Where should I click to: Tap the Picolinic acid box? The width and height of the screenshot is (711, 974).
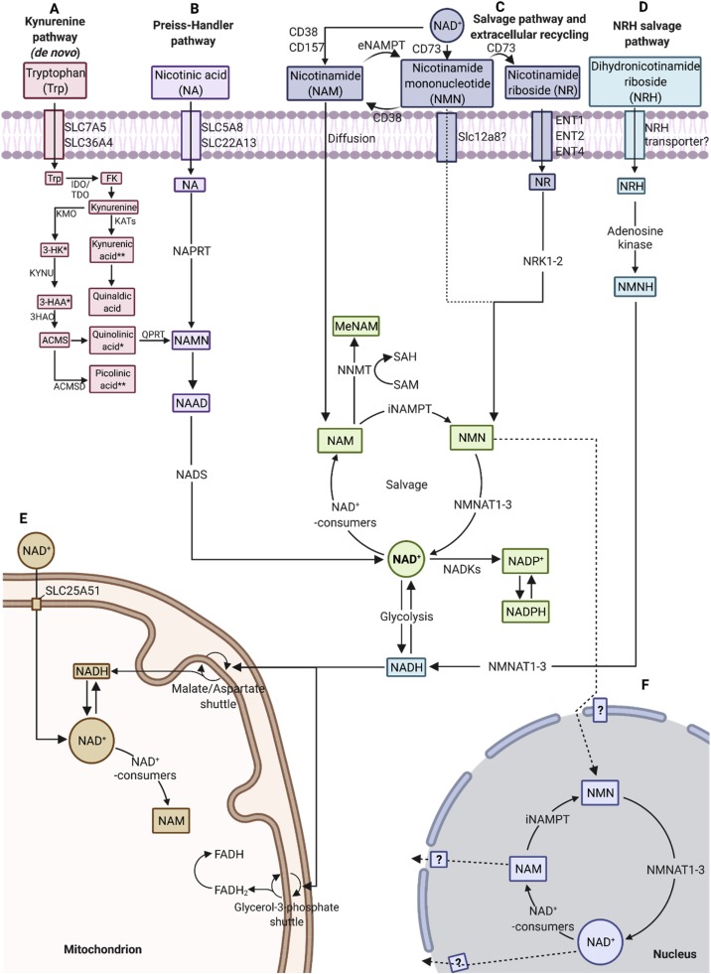tap(113, 377)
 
